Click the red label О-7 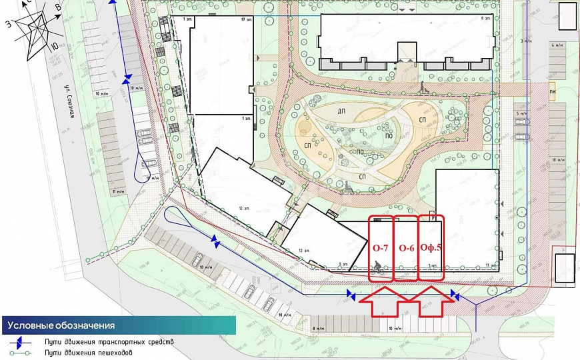[x=380, y=248]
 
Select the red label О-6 [x=407, y=248]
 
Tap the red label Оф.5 [x=431, y=248]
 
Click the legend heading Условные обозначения [x=61, y=326]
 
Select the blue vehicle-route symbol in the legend [x=21, y=341]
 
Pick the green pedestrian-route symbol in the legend [x=21, y=352]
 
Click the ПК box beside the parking [x=553, y=92]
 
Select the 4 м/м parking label [x=557, y=46]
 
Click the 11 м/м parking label [x=118, y=191]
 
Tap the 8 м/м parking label [x=318, y=329]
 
